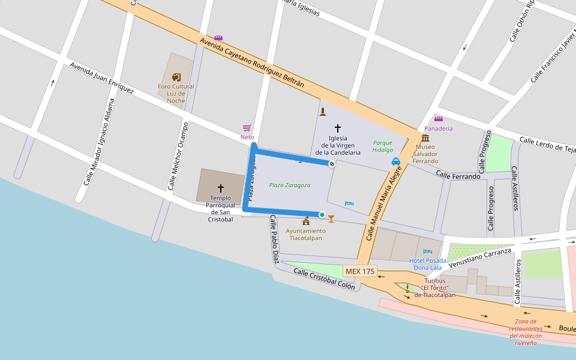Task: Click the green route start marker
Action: point(322,215)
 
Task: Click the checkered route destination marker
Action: point(331,163)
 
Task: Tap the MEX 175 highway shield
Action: point(360,271)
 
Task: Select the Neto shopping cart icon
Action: point(247,128)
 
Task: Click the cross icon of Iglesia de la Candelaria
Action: point(338,128)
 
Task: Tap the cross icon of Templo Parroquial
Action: point(220,188)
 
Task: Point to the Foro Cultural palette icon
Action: point(176,77)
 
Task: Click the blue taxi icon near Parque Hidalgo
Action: point(396,161)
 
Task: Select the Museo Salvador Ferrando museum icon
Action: point(425,138)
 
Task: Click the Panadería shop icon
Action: point(438,119)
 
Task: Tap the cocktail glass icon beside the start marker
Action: point(331,218)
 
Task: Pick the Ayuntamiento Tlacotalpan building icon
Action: point(306,222)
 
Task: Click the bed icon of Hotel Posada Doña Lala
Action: point(427,251)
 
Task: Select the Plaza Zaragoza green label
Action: point(290,185)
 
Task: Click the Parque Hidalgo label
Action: point(383,146)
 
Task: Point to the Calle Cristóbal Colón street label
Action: point(324,279)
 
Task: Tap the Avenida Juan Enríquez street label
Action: point(101,78)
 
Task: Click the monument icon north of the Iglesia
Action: point(323,112)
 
